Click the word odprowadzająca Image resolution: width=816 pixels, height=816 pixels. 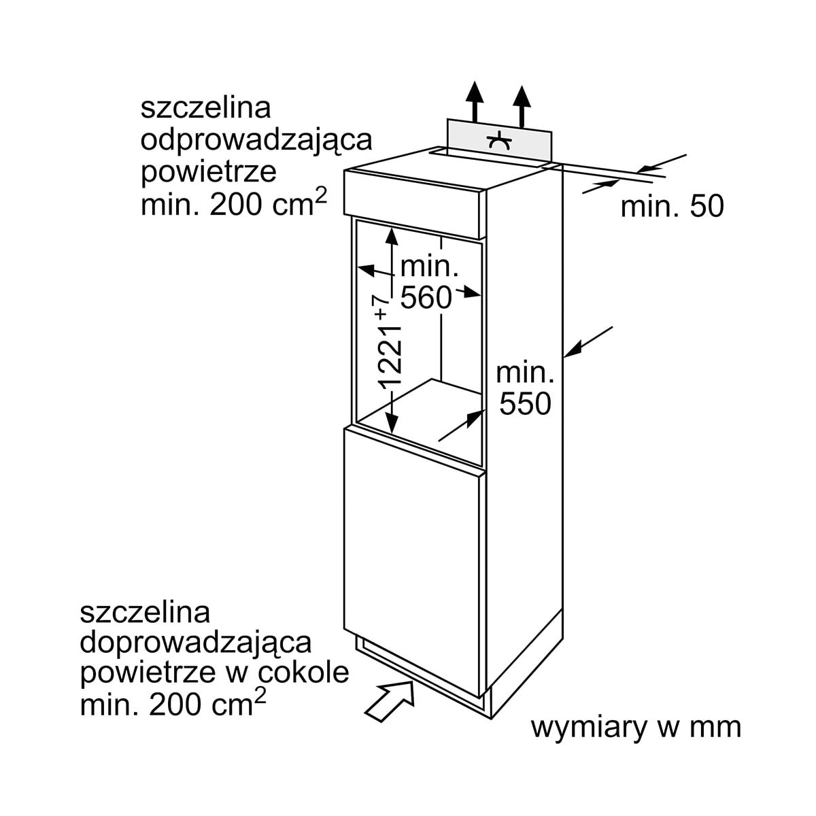coord(256,139)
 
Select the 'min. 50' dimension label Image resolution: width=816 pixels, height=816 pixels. coord(672,207)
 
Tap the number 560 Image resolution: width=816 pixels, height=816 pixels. coord(426,297)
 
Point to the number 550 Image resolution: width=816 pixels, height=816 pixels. coord(524,403)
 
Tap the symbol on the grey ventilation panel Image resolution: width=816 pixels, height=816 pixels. coord(498,141)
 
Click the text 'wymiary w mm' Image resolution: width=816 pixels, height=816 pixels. coord(635,728)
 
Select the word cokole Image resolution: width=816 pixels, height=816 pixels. coord(304,673)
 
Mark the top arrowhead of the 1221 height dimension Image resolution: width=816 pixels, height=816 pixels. coord(391,235)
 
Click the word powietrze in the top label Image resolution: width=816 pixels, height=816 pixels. coord(209,171)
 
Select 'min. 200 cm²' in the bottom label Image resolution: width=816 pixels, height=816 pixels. coord(173,704)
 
